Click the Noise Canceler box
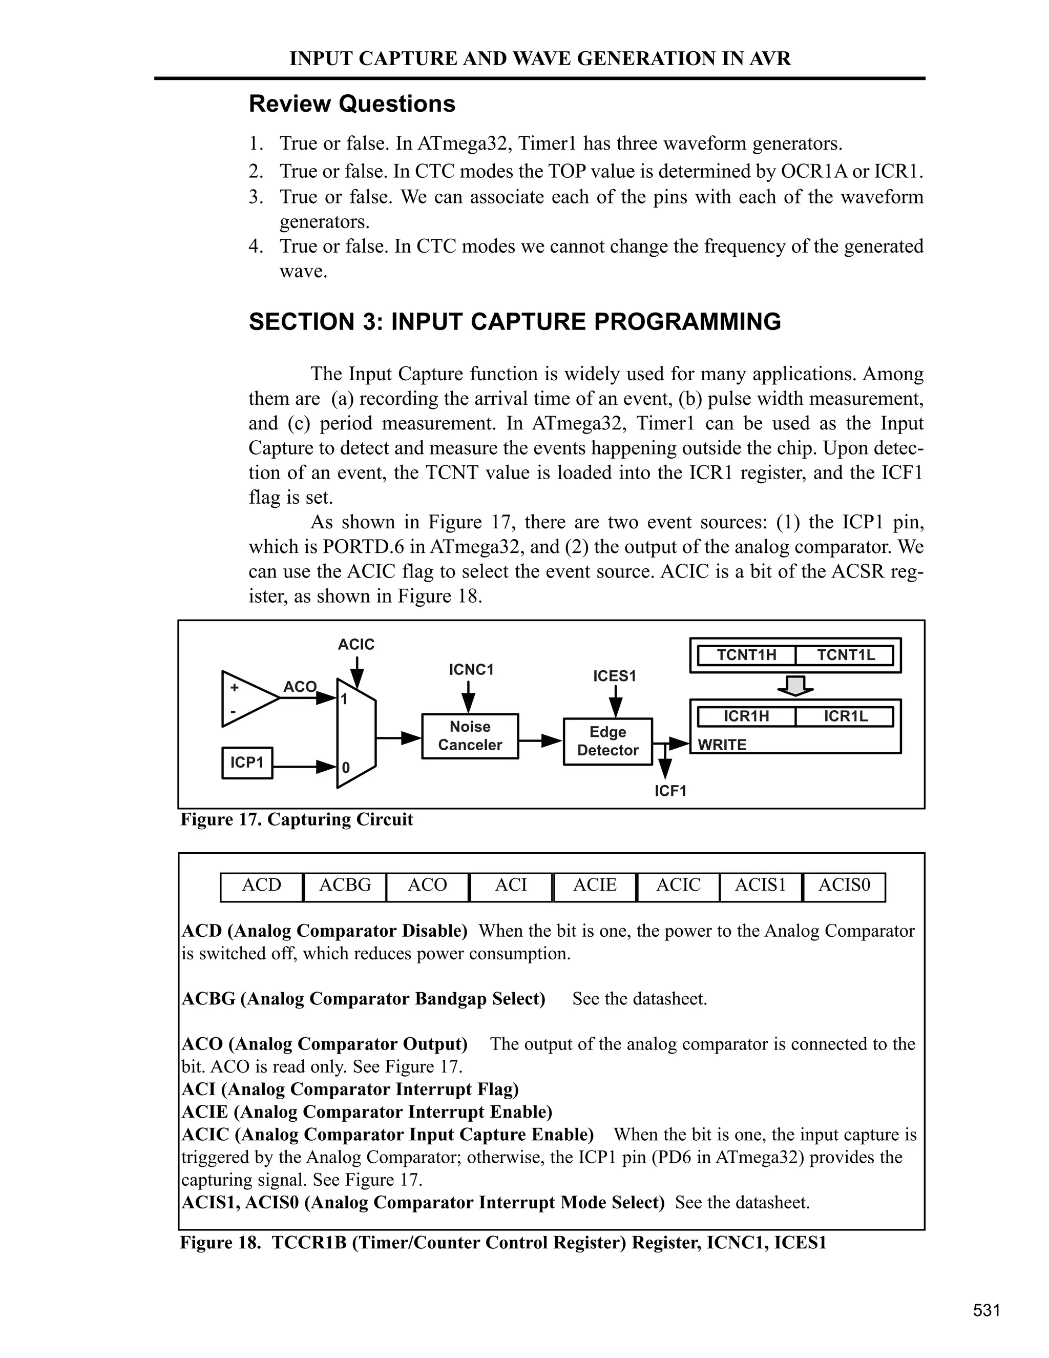(470, 736)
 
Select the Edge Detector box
(608, 741)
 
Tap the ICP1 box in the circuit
(247, 763)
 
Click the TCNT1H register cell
(746, 655)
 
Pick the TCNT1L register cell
(845, 655)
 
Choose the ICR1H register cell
(746, 716)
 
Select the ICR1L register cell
(845, 716)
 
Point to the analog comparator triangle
(245, 699)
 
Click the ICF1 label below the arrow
(670, 791)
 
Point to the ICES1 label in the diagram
(615, 676)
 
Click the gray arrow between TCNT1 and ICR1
(795, 686)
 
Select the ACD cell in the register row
(262, 885)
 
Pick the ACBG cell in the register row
(345, 885)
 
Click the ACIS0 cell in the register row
(845, 885)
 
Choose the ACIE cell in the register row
(595, 885)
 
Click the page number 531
(986, 1310)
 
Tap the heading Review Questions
(352, 104)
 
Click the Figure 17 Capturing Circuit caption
(297, 819)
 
